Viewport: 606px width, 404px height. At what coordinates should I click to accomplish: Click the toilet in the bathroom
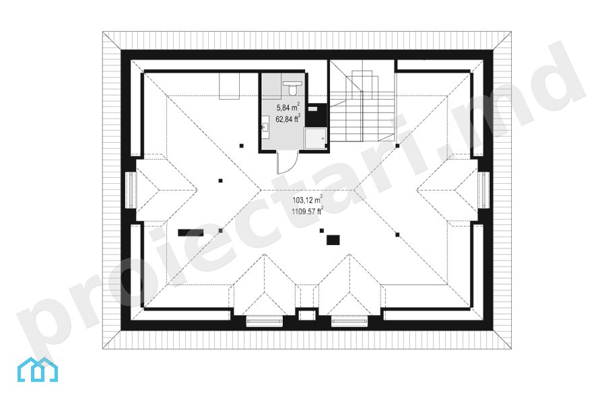tap(293, 88)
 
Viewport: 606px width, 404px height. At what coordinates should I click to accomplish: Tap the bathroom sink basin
tap(265, 127)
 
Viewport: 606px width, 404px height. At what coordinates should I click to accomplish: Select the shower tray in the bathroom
tap(315, 139)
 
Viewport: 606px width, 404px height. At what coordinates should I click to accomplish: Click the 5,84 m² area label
tap(288, 106)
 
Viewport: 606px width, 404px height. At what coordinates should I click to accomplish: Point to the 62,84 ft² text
tap(288, 119)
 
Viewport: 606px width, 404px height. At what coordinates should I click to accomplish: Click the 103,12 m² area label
tap(307, 199)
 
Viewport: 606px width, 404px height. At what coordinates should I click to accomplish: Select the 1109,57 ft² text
tap(307, 211)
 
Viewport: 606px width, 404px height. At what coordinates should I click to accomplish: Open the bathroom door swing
tap(287, 163)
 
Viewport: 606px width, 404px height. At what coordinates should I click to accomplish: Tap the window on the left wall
tap(131, 190)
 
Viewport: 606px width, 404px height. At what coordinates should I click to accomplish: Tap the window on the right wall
tap(483, 190)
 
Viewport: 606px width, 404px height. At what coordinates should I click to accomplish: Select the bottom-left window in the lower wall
tap(265, 321)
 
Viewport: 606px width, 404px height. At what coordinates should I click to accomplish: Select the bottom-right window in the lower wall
tap(349, 321)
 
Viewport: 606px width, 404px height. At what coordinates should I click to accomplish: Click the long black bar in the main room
tap(191, 232)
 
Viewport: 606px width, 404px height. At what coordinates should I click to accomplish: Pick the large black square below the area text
tap(333, 240)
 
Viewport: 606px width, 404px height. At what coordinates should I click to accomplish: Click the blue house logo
tap(38, 370)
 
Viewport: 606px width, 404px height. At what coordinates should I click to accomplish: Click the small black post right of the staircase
tap(397, 146)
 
